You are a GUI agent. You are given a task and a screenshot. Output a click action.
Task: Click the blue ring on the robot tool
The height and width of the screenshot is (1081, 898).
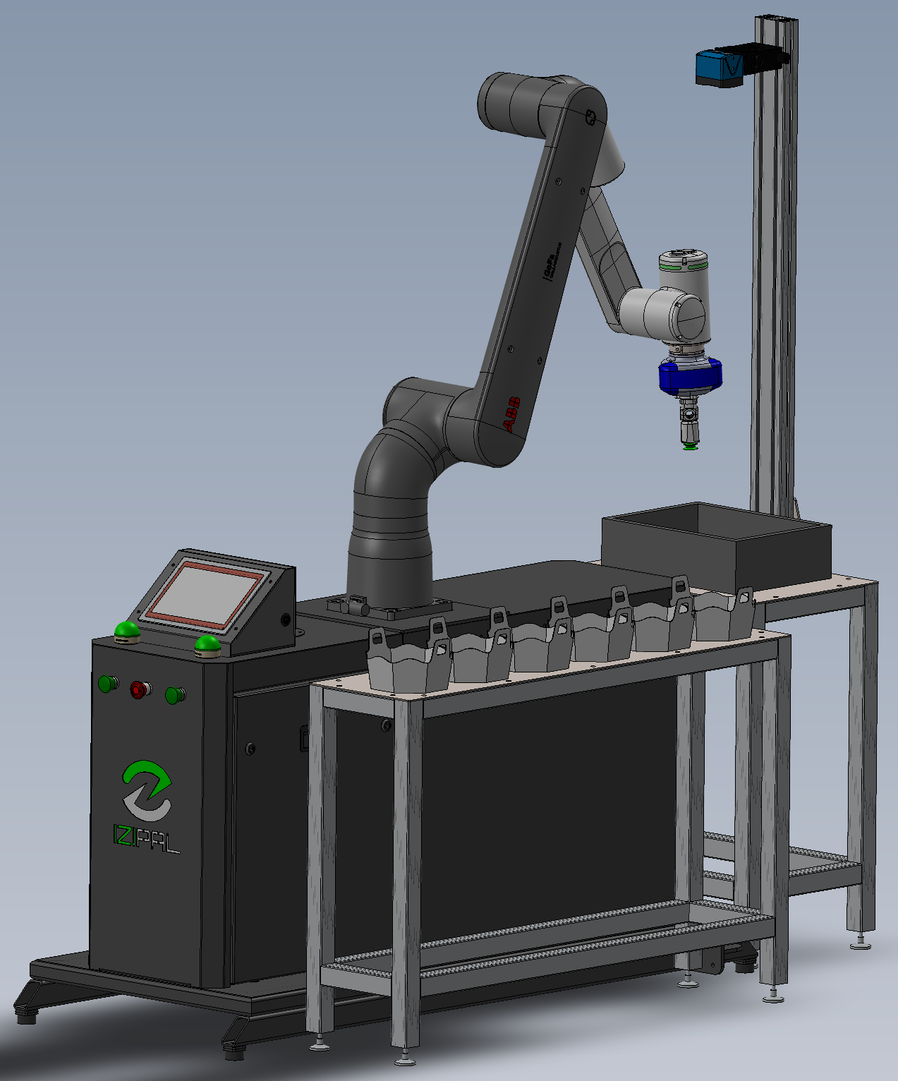pos(690,375)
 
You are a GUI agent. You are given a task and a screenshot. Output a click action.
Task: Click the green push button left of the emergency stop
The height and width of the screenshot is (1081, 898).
pos(108,683)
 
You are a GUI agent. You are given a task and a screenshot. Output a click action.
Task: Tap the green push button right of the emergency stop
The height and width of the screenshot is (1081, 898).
pos(174,695)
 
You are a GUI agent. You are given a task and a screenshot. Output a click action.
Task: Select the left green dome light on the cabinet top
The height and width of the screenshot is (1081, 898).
pos(127,630)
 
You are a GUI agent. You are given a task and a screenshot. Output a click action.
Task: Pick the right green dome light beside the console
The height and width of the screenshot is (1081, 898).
pos(207,644)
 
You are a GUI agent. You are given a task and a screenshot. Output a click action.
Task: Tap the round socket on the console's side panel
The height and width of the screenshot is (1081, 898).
pos(285,620)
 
